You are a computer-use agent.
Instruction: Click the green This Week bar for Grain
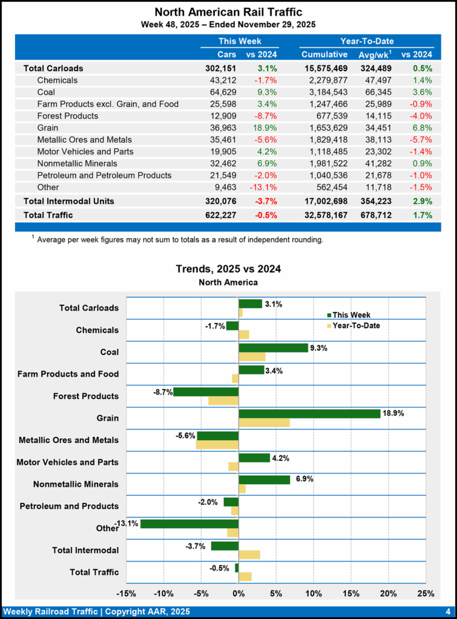309,413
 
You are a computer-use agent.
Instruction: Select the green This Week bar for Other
189,523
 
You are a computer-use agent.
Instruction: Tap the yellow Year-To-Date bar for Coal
252,357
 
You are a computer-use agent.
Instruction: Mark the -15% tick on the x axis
126,592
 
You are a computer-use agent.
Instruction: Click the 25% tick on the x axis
426,592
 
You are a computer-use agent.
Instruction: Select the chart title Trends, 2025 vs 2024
228,268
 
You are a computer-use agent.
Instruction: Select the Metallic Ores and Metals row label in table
85,140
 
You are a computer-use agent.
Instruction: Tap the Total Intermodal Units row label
68,201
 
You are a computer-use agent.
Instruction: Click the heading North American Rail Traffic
228,12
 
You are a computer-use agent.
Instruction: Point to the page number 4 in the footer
447,611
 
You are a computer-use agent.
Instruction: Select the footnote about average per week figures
179,240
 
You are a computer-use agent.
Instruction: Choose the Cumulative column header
324,55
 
